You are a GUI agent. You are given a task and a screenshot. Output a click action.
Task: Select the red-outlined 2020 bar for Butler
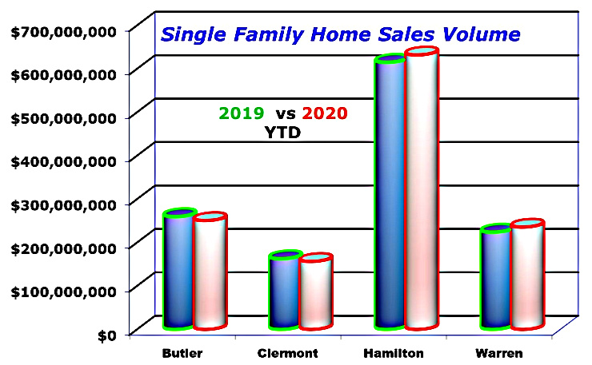point(210,272)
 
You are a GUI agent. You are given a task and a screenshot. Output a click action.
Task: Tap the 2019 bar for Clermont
point(284,291)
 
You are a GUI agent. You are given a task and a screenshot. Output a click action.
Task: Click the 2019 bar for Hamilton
point(390,192)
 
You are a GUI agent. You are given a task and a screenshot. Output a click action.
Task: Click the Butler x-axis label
point(181,351)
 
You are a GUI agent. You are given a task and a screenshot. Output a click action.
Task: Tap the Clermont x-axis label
point(288,351)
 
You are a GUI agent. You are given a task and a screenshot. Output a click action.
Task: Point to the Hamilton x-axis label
point(394,351)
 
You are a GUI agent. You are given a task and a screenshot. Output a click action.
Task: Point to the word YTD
point(282,133)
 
